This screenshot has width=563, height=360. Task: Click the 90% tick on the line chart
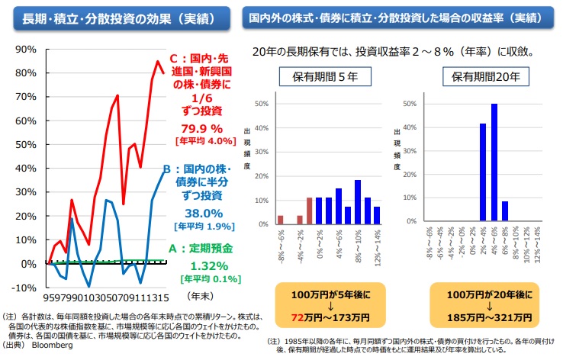(x=25, y=49)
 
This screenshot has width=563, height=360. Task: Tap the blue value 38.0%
(x=203, y=214)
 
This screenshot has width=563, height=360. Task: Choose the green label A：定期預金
(x=201, y=249)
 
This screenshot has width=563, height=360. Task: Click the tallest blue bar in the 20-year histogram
(x=494, y=162)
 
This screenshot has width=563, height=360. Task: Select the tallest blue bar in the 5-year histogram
(x=357, y=202)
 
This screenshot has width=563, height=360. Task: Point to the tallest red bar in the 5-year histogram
(x=309, y=211)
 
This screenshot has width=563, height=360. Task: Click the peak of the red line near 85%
(x=158, y=61)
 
